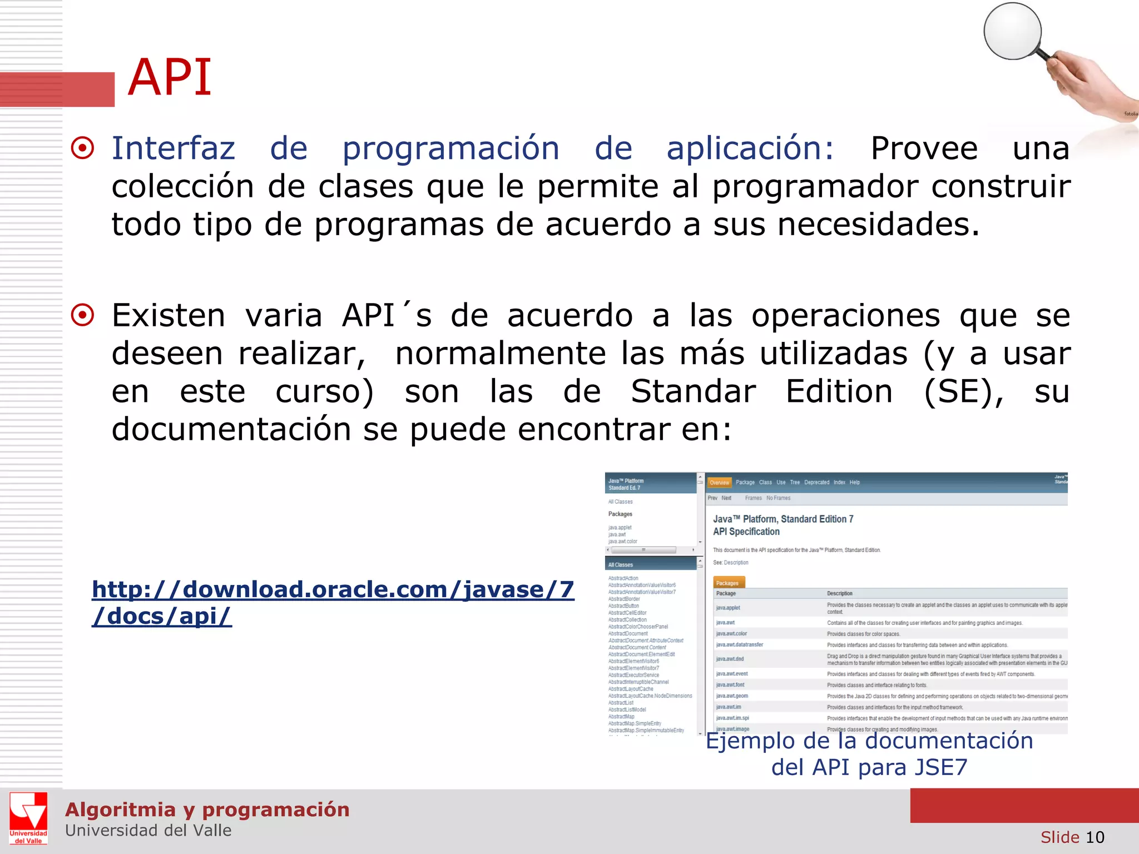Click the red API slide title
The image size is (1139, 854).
tap(170, 78)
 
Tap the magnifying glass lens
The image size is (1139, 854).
tap(1012, 31)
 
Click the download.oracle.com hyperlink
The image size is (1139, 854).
tap(333, 603)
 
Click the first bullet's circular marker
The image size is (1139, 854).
tap(83, 148)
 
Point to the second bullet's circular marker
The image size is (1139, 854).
tap(83, 315)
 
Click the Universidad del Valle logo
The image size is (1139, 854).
tap(28, 818)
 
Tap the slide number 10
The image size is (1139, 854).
tap(1095, 837)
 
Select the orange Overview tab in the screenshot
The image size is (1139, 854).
tap(719, 483)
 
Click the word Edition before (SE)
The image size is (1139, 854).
tap(839, 391)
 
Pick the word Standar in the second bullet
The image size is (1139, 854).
tap(693, 391)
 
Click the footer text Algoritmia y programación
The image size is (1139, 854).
tap(207, 810)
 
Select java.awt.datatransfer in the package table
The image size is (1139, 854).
tap(740, 645)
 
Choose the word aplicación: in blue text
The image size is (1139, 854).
tap(750, 148)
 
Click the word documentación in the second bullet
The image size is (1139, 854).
tap(232, 430)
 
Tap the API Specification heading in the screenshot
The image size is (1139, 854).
tap(746, 532)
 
